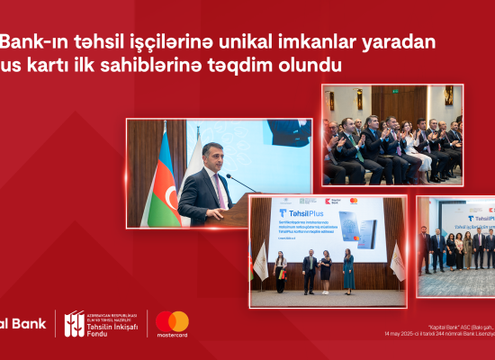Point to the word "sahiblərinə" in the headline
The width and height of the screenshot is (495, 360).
pyautogui.click(x=184, y=67)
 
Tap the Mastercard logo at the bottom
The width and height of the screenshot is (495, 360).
pyautogui.click(x=172, y=324)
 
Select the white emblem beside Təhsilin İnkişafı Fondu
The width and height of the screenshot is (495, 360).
pyautogui.click(x=74, y=323)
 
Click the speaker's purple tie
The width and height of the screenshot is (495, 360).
pyautogui.click(x=219, y=190)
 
